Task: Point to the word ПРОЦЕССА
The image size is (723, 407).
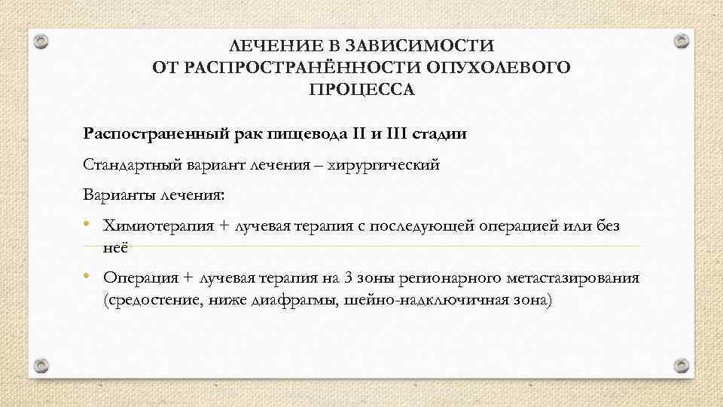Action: click(361, 90)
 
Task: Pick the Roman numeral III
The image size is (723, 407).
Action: click(399, 134)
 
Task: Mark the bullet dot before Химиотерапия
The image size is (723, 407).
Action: click(89, 225)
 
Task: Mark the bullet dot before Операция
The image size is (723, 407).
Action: click(89, 277)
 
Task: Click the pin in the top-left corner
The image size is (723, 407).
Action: click(42, 41)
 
